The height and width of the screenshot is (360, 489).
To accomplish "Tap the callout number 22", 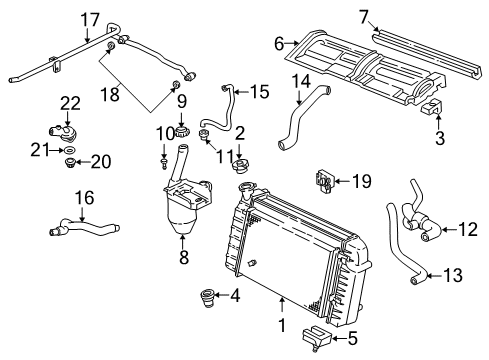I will click(x=69, y=103).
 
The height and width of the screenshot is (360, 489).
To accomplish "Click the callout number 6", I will click(x=280, y=43).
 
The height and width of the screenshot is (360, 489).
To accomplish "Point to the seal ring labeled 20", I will click(x=71, y=160).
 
